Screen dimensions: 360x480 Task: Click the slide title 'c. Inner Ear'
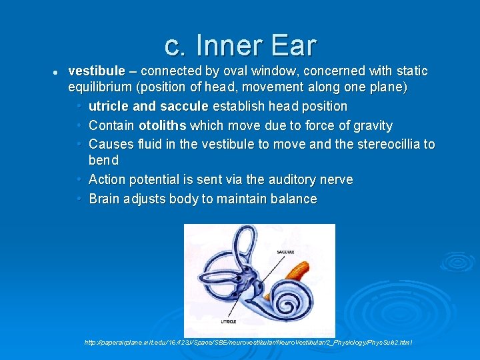pos(240,45)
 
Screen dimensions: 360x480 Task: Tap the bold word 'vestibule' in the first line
pos(96,71)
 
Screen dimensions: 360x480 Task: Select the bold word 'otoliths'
pos(162,125)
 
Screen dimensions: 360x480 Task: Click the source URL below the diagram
pos(248,342)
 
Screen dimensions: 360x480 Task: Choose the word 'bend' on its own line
pos(103,160)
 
